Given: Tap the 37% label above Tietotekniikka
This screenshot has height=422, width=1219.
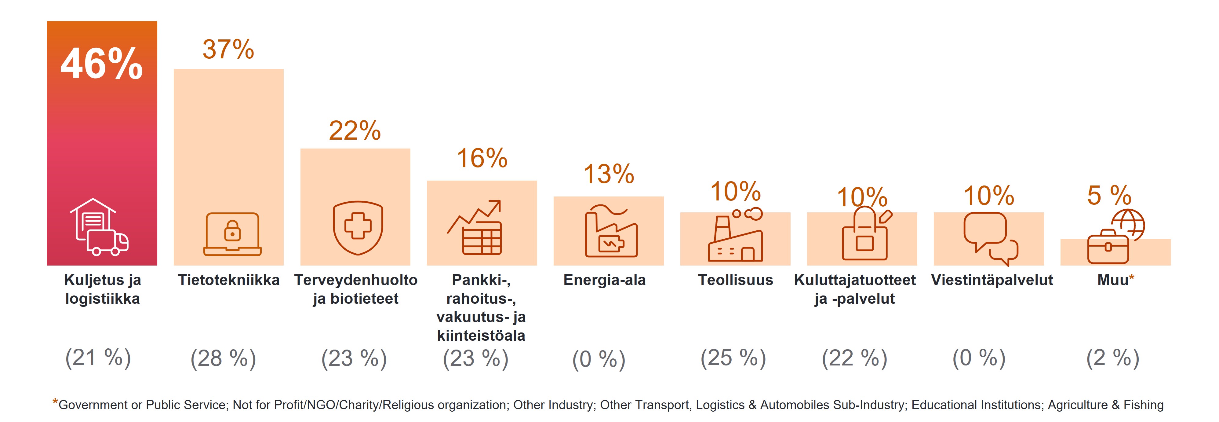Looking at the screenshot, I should click(x=228, y=49).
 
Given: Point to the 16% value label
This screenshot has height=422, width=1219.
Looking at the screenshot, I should click(x=482, y=158).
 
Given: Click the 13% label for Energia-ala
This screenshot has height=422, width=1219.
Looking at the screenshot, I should click(x=609, y=174).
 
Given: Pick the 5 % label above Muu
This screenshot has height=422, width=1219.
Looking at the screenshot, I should click(x=1109, y=195).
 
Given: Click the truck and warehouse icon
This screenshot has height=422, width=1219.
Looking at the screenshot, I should click(x=99, y=227).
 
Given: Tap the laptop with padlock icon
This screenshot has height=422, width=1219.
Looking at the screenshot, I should click(x=232, y=234).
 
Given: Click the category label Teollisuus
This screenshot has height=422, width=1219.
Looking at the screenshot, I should click(x=735, y=280).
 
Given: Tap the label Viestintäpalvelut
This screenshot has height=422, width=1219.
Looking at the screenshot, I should click(x=992, y=280).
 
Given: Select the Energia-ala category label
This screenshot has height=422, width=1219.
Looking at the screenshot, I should click(x=604, y=280).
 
